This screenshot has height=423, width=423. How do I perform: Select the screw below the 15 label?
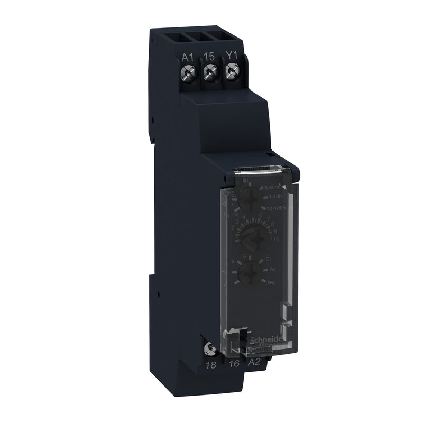tap(210, 71)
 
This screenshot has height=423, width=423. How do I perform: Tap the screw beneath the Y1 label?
tap(231, 70)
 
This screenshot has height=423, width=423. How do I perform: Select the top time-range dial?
tap(247, 201)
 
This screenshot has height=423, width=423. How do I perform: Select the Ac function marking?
tap(273, 270)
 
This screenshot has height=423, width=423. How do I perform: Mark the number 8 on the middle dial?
tap(273, 224)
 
